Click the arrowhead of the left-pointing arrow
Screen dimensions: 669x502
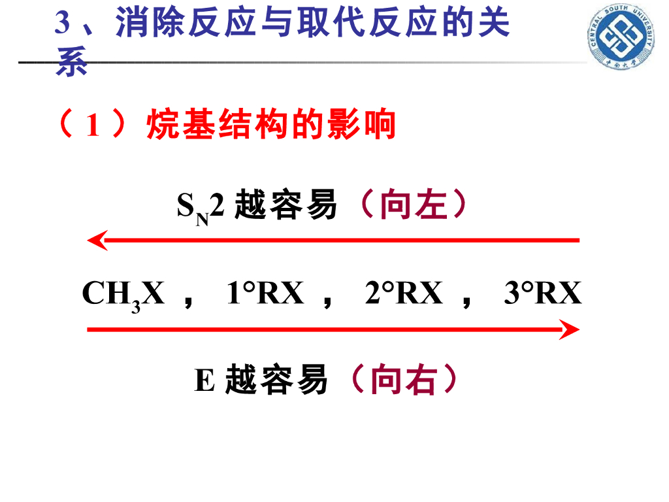pos(97,241)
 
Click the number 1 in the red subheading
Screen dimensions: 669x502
pos(92,125)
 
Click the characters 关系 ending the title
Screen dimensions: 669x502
pos(483,25)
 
